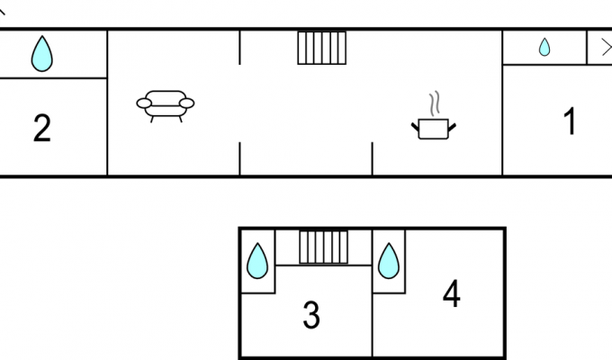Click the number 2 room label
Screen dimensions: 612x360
click(42, 128)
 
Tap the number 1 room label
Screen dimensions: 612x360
click(570, 121)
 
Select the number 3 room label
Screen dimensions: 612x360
click(311, 316)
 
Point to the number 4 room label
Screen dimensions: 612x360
click(452, 293)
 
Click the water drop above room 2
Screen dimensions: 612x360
click(41, 54)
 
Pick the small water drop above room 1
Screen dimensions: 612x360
click(544, 47)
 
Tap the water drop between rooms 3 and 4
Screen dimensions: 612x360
click(389, 261)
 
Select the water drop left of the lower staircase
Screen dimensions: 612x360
click(257, 261)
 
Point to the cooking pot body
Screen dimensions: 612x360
click(433, 130)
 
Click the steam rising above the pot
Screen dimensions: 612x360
click(435, 103)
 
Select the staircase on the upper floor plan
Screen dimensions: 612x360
click(321, 48)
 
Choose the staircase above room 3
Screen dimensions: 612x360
click(324, 247)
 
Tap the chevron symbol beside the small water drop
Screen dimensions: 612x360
click(607, 48)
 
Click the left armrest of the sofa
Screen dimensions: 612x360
click(144, 103)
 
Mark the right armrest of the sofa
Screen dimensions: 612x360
click(186, 103)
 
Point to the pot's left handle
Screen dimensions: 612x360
click(415, 127)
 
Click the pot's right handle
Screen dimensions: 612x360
click(452, 127)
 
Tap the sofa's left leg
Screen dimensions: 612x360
click(152, 119)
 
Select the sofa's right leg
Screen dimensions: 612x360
click(180, 119)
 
